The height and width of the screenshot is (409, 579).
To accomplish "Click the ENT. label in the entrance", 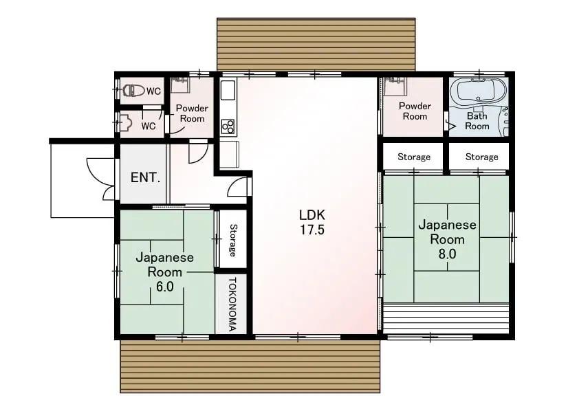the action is [x=145, y=177].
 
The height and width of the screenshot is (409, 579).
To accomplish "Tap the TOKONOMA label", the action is [x=232, y=305].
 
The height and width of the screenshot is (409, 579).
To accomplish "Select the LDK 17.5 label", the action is [x=312, y=222].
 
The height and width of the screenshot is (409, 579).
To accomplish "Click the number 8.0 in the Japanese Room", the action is [x=447, y=254].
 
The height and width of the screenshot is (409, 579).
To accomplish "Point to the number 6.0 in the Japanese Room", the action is [x=164, y=287].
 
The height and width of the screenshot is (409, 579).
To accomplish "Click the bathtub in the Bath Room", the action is [x=479, y=91].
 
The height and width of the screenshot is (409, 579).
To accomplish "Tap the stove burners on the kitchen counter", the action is [x=228, y=126].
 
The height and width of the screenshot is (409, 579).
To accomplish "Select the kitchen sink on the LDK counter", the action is [x=228, y=90].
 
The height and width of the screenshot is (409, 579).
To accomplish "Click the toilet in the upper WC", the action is [x=133, y=91].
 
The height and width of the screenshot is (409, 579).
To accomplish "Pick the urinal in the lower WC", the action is [x=126, y=122].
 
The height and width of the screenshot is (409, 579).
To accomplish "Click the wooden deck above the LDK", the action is [x=316, y=44].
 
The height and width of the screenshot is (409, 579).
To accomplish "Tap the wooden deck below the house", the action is [x=250, y=366].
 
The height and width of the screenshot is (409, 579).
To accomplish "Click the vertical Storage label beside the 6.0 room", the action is [x=232, y=241].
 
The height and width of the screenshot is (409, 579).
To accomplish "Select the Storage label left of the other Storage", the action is [x=414, y=157].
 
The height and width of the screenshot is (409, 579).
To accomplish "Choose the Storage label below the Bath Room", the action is [x=481, y=157].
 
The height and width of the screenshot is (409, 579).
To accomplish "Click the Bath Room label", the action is [x=477, y=121].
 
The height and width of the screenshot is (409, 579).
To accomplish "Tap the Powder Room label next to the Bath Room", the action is [x=415, y=111].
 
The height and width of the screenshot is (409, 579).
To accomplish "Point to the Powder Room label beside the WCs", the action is [x=192, y=113].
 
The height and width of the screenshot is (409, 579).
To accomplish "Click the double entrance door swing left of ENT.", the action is [x=101, y=179].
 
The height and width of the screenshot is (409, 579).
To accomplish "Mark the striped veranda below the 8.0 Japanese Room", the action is [x=446, y=318].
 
